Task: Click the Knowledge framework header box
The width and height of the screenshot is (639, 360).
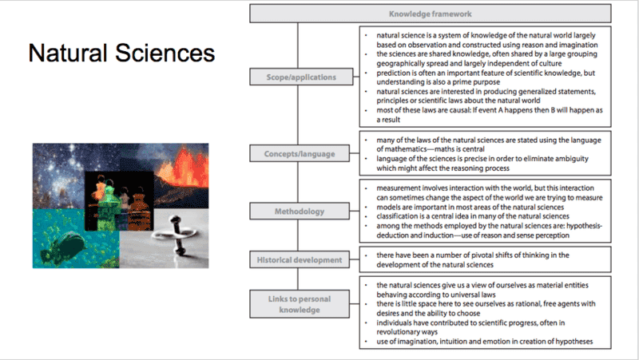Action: pos(431,14)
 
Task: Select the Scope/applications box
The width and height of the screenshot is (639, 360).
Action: pos(301,77)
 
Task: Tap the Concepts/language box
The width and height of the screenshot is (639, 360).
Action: pos(300,153)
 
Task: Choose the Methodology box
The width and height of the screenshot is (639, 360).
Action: pos(300,212)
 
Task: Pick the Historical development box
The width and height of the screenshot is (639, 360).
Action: pos(300,259)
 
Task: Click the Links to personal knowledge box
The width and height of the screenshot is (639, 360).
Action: pos(300,304)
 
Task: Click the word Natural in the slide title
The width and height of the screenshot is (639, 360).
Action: pos(68,53)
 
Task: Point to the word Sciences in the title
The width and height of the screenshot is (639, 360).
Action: pos(165,53)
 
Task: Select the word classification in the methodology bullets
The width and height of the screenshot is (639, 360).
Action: pos(394,216)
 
